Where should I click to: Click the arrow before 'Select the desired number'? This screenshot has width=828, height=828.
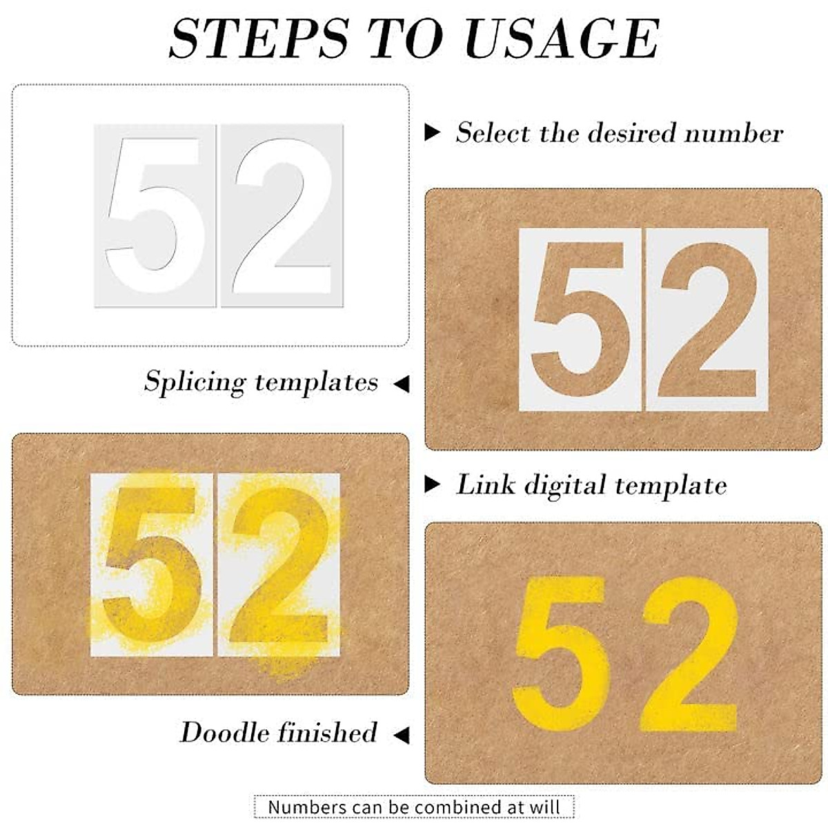click(432, 132)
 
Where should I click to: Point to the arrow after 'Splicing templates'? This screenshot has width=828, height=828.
click(402, 384)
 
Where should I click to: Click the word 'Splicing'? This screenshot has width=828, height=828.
click(195, 382)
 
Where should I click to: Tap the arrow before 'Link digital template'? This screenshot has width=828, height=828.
click(432, 484)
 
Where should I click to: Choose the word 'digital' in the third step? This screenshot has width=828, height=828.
click(565, 485)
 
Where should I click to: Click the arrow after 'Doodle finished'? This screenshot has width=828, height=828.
click(402, 735)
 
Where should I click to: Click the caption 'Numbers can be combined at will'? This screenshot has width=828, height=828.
click(414, 807)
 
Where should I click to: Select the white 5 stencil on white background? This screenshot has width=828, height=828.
click(156, 215)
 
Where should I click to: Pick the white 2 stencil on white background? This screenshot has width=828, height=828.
click(282, 215)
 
